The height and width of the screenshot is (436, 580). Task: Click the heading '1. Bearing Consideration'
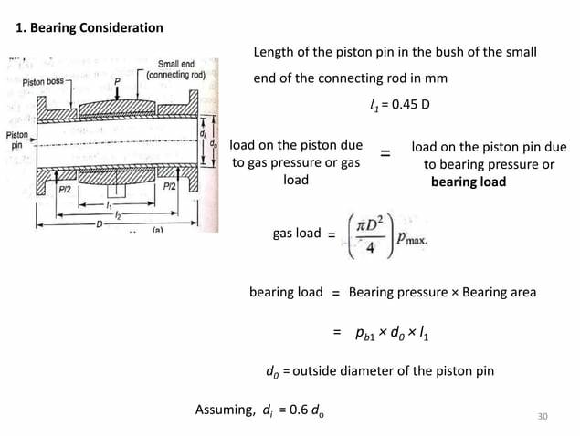pos(90,27)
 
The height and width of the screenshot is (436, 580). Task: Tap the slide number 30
pos(543,417)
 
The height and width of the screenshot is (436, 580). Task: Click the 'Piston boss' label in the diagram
pos(46,82)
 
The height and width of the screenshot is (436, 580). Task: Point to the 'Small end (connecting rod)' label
pos(182,70)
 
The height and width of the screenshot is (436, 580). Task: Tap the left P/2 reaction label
pos(65,190)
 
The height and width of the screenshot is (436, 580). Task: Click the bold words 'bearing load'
pos(468,182)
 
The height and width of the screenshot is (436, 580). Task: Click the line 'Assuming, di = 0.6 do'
pos(259,410)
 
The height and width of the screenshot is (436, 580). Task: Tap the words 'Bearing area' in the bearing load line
pos(499,293)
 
